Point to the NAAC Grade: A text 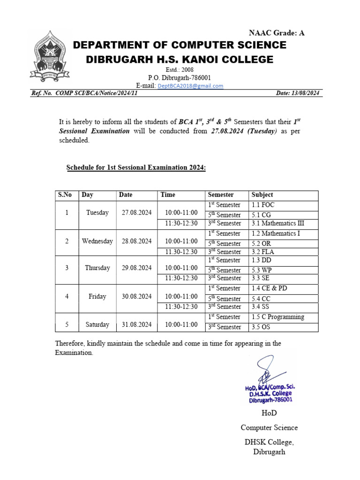tap(276, 32)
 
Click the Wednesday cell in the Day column tap(97, 241)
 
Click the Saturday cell tap(97, 324)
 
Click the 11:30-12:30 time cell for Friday tap(181, 307)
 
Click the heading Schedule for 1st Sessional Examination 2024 tap(136, 167)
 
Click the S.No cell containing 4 tap(67, 296)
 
